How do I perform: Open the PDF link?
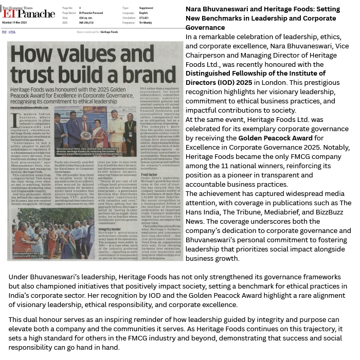coord(4,32)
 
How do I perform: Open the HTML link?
coord(12,32)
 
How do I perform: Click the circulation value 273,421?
coord(144,17)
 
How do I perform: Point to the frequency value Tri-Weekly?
coord(146,23)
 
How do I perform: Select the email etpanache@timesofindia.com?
coord(26,94)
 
